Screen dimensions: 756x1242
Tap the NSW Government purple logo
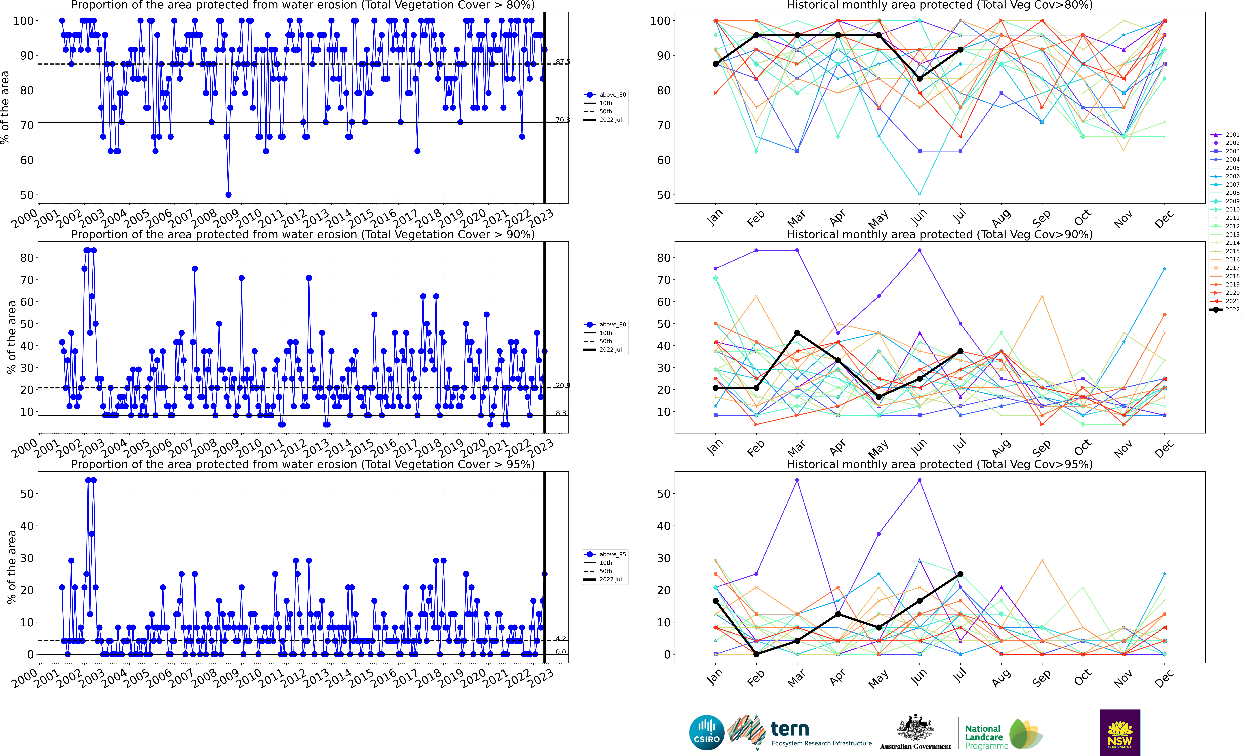[x=1120, y=732]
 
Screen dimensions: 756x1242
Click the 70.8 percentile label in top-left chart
[x=562, y=120]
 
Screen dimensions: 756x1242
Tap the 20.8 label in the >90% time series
[x=562, y=386]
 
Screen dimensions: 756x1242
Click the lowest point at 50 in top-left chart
[x=228, y=195]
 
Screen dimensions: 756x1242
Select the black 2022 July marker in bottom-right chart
[x=960, y=574]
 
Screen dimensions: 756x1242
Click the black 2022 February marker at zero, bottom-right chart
[x=756, y=654]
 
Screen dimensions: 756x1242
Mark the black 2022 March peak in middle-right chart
[x=797, y=333]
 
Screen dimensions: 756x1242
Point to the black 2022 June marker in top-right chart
[x=919, y=79]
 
